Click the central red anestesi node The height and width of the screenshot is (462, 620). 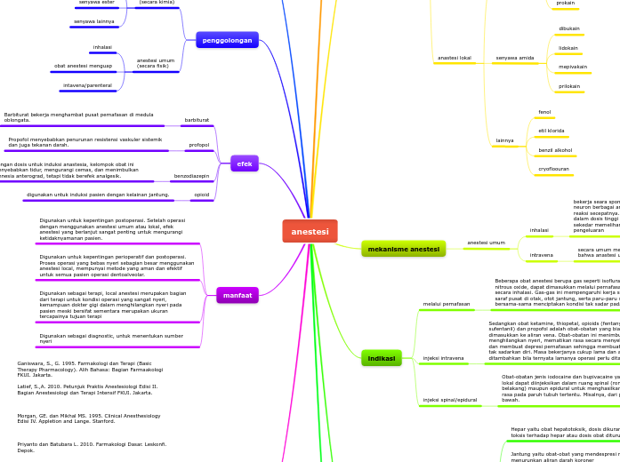pos(310,231)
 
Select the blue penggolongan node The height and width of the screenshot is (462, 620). pos(227,40)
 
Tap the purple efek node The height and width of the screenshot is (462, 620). pos(244,163)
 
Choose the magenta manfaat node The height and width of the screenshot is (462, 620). pos(238,295)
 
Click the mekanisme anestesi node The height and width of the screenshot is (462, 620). pos(403,249)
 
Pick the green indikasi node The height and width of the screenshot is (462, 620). pos(381,358)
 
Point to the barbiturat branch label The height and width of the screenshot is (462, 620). pos(197,120)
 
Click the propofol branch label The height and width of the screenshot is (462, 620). pos(198,145)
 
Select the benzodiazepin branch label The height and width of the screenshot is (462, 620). pos(191,176)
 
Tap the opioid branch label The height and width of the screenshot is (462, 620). pos(202,195)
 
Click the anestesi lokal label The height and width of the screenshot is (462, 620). pos(454,58)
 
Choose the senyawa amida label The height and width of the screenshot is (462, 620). pos(514,58)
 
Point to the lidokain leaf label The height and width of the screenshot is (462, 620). pos(568,48)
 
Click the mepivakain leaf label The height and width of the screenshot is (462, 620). pos(572,67)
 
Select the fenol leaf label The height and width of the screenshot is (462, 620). pos(544,112)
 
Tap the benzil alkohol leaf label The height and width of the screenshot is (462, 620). pos(555,150)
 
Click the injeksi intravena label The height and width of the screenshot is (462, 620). pos(442,358)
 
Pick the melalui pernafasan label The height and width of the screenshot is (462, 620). pos(447,304)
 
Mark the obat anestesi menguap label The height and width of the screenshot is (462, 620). pos(83,66)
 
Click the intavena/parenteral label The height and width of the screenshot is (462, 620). pos(87,85)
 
